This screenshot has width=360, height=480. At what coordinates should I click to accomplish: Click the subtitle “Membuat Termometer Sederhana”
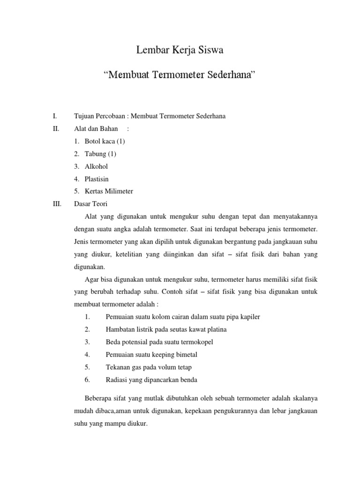180,75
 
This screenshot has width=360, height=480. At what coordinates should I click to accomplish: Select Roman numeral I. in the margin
55,116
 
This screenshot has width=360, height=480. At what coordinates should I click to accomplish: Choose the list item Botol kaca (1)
105,141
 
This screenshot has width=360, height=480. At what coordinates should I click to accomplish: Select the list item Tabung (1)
100,154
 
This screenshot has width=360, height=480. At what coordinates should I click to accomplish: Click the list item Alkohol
96,166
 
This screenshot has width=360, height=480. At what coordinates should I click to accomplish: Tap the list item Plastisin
97,179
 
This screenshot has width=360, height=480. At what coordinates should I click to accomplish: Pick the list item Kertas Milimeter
109,191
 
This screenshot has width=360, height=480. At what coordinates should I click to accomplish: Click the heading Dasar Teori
91,204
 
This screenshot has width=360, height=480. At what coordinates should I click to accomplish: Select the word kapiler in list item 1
250,317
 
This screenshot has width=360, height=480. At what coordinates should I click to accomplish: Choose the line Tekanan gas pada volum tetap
149,367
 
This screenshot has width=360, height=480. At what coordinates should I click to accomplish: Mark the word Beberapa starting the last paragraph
99,399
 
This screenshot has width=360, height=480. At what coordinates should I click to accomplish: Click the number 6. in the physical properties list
88,380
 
